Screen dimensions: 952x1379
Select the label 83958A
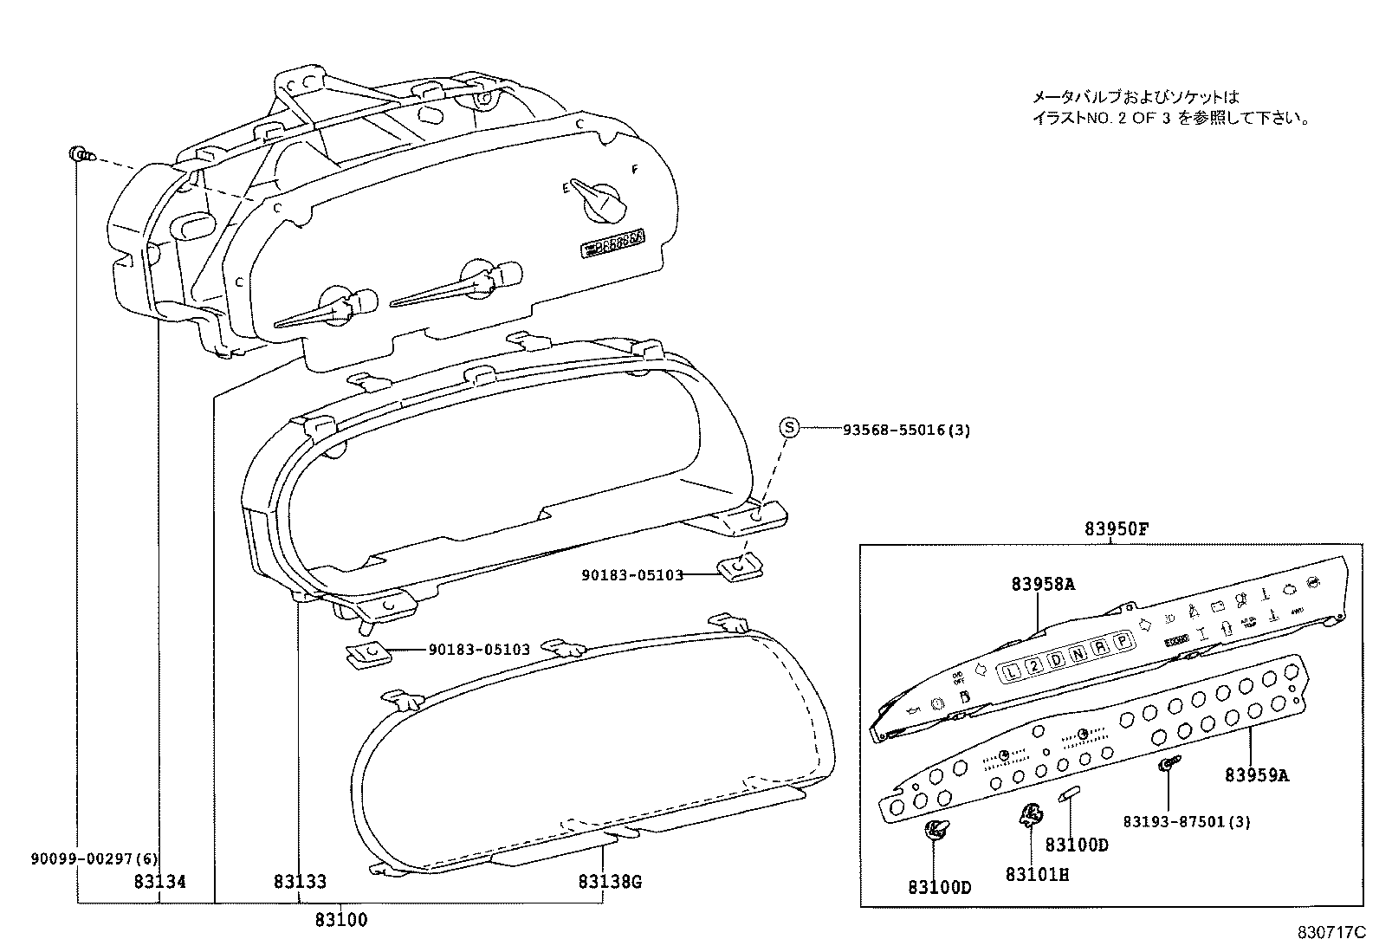click(1042, 584)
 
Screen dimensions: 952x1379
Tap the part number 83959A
click(1256, 775)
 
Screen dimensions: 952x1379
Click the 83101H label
click(1037, 875)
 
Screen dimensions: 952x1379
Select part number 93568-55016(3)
click(906, 430)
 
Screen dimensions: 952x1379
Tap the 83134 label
click(160, 882)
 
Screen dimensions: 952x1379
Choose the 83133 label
click(300, 882)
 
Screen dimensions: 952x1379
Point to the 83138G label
click(610, 882)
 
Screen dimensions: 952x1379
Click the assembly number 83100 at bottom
click(340, 920)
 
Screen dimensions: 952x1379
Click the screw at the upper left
click(78, 155)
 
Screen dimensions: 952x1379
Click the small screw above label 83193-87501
click(1167, 763)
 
